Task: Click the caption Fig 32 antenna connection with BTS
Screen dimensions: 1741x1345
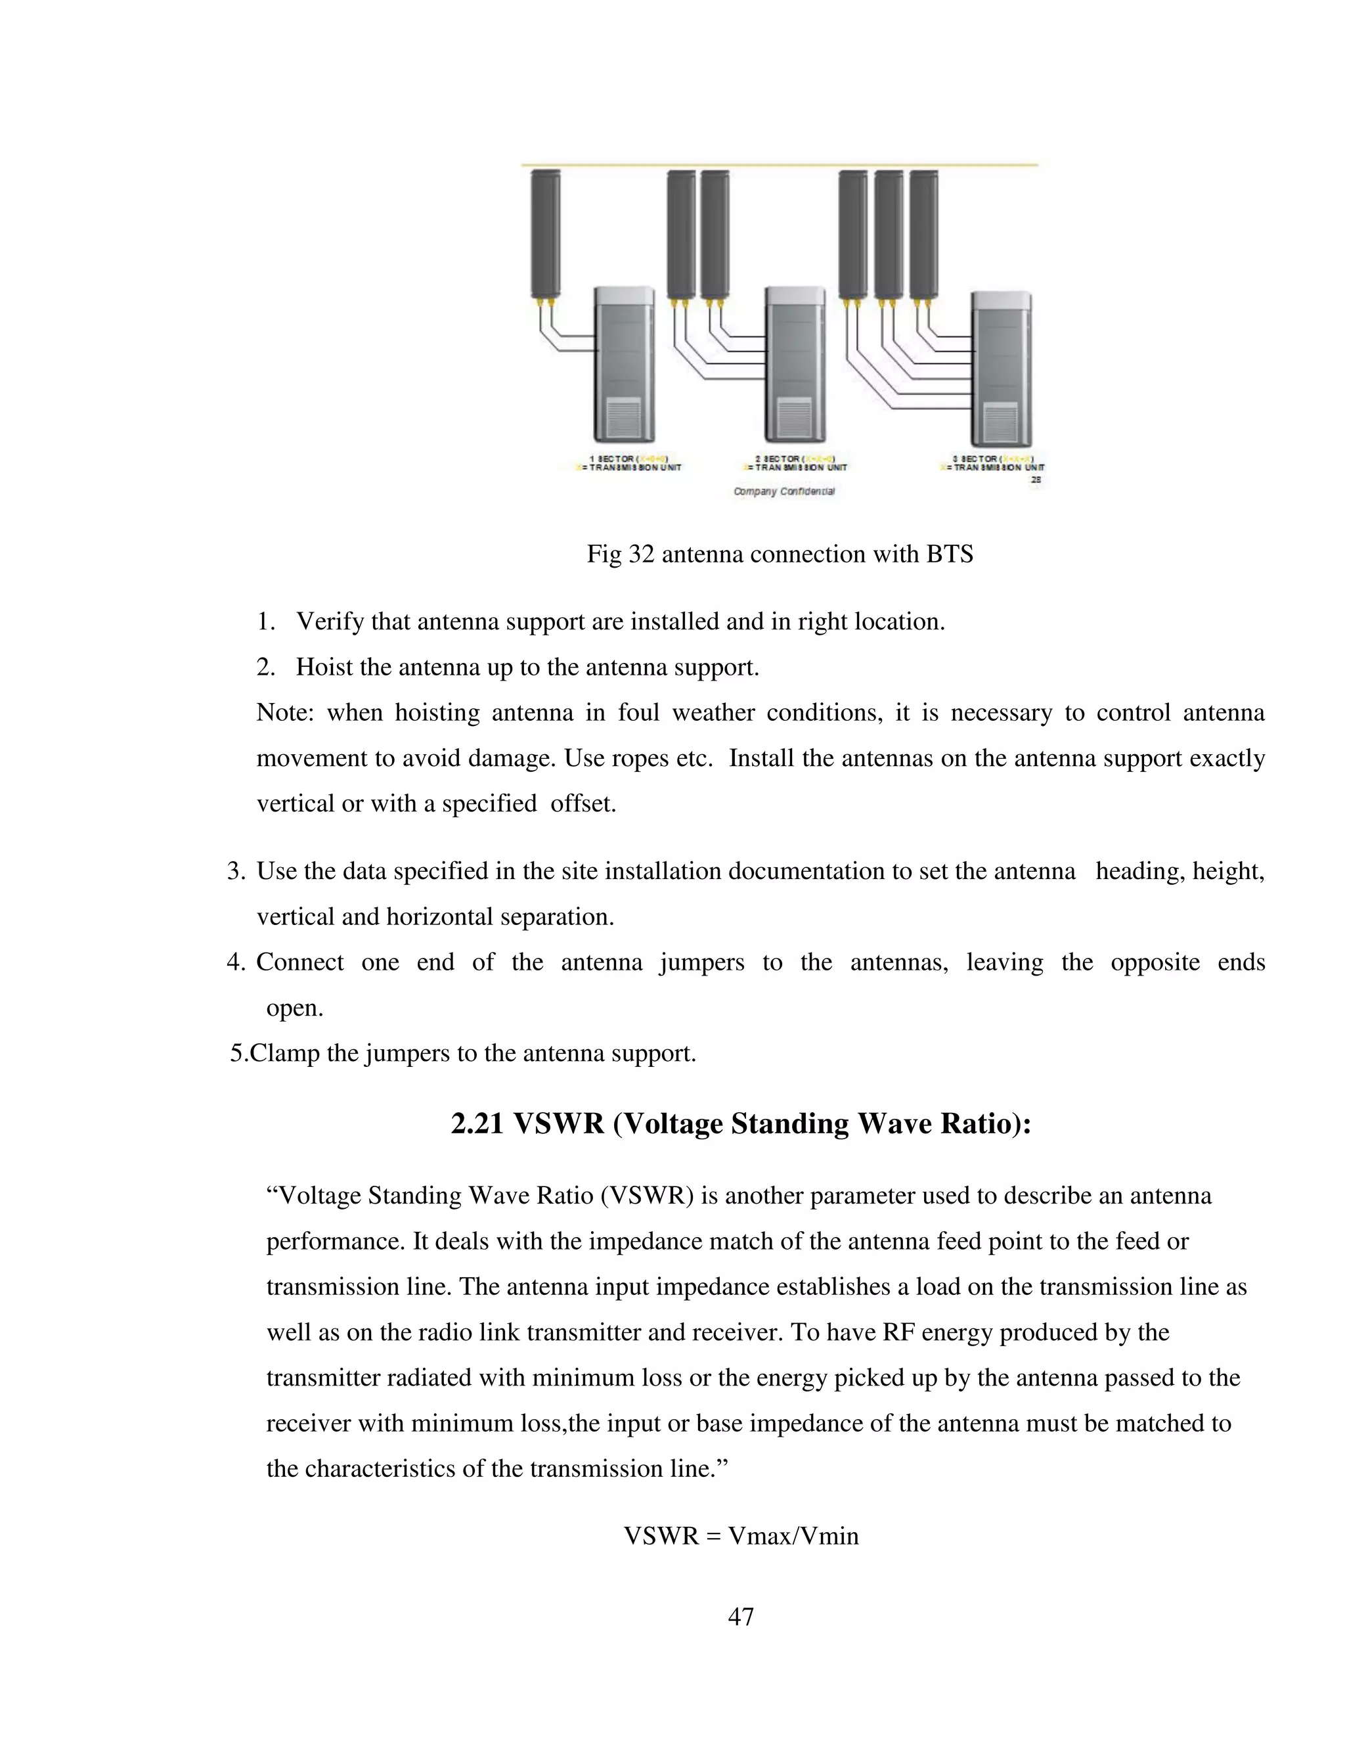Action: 780,554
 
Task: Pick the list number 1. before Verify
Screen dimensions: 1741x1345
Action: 266,622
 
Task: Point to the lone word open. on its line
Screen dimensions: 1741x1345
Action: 294,1008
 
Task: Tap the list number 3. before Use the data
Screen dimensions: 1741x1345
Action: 236,871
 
